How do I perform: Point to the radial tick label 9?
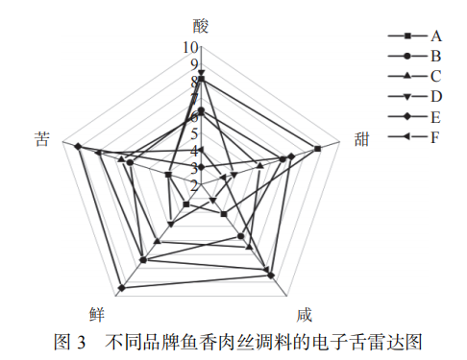click(x=192, y=64)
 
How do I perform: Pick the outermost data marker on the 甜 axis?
click(x=316, y=148)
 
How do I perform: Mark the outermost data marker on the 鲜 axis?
click(x=122, y=286)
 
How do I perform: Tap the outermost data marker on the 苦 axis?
click(x=78, y=147)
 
